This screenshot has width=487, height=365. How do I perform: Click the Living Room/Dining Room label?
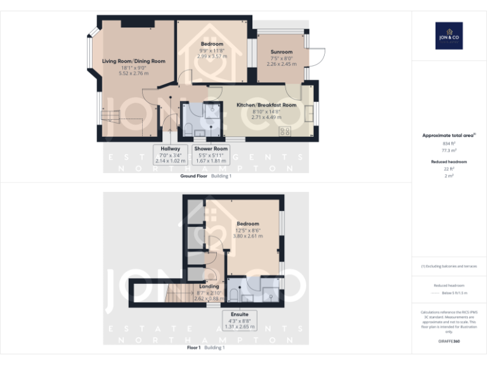click(x=133, y=61)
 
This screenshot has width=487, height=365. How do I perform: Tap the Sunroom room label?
click(x=282, y=52)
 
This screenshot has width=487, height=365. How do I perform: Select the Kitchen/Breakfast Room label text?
click(x=266, y=105)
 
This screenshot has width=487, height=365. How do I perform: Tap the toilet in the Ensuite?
click(x=235, y=294)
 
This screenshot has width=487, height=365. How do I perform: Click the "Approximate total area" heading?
click(x=448, y=136)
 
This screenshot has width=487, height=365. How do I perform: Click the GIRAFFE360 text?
click(x=449, y=342)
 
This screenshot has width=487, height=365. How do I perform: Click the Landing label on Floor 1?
click(x=209, y=286)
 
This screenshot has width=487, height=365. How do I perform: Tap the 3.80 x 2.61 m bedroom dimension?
click(x=248, y=236)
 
